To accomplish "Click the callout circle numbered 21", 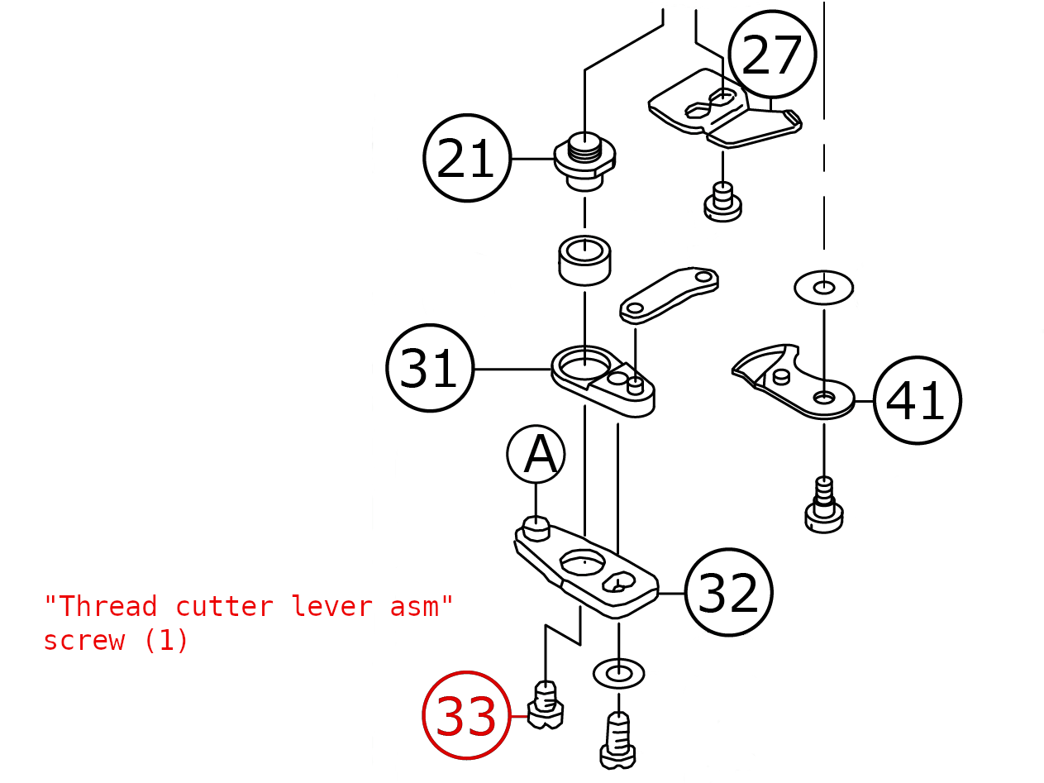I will click(x=466, y=158).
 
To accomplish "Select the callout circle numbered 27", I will click(x=772, y=55).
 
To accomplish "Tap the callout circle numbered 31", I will click(x=430, y=368).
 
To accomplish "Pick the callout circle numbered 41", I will click(x=917, y=400).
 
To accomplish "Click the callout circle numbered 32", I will click(x=728, y=592).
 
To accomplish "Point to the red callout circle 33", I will click(x=466, y=716).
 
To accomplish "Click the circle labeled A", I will click(x=536, y=454).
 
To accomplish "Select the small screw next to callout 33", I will click(x=546, y=705).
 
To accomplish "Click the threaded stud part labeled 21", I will click(x=584, y=161).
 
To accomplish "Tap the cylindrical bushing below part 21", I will click(x=584, y=260).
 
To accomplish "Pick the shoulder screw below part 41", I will click(x=824, y=506).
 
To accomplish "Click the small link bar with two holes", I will click(x=669, y=294).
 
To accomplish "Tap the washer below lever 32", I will click(x=618, y=673).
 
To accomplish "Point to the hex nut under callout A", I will click(x=536, y=527).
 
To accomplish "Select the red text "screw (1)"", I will click(x=116, y=641).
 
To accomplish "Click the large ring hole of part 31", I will click(x=584, y=361).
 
